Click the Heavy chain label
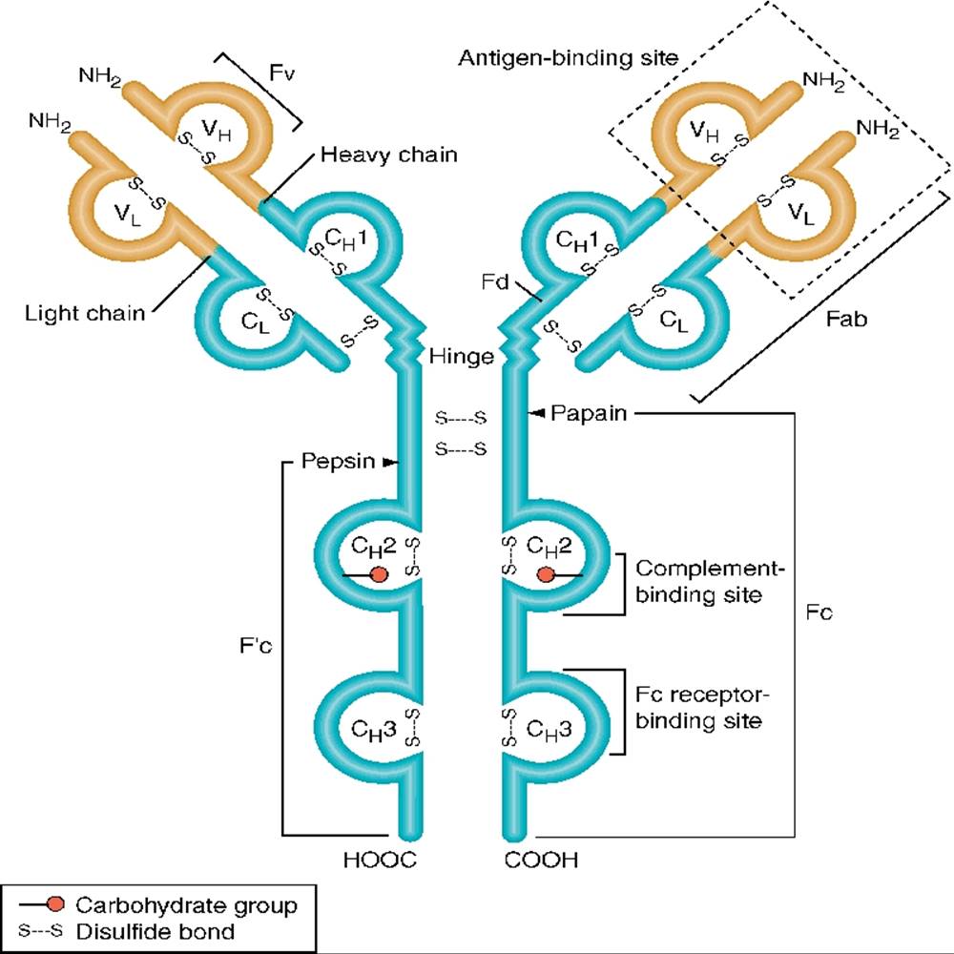click(389, 154)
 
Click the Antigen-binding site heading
click(569, 57)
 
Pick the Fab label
click(847, 321)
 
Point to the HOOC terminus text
click(380, 862)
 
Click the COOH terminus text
click(541, 862)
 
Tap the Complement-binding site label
click(709, 582)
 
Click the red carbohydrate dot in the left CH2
click(379, 574)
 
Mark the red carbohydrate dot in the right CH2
click(546, 574)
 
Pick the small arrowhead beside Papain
click(537, 413)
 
